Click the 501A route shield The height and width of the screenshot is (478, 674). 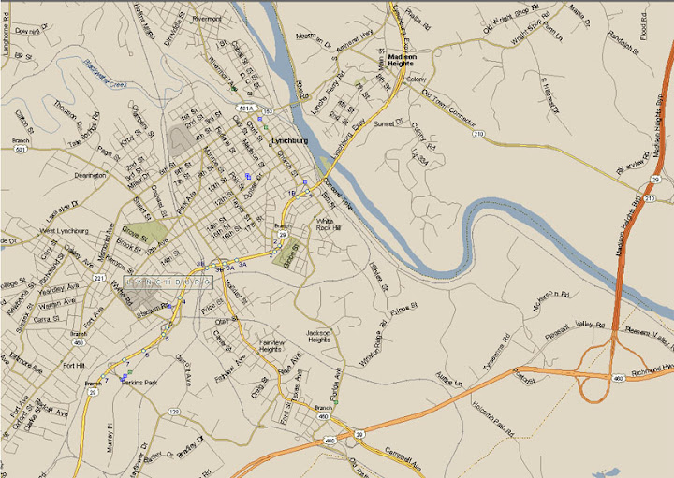pos(246,108)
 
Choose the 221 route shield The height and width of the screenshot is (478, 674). pos(99,278)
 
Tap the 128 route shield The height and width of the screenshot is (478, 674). pos(173,411)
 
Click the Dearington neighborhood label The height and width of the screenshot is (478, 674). pos(90,175)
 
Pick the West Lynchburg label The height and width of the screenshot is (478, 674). pos(65,230)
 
